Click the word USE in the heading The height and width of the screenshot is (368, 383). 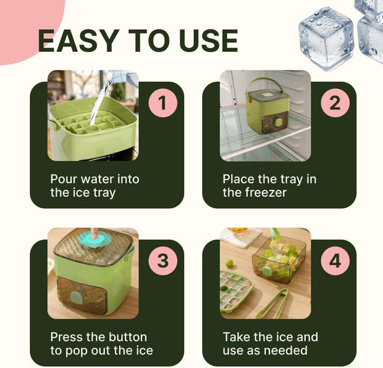(207, 41)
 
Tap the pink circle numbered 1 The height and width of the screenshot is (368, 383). (162, 103)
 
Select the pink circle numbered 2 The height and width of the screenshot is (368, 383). (334, 103)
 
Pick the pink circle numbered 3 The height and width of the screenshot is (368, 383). (162, 261)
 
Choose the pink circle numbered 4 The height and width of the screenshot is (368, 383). (334, 261)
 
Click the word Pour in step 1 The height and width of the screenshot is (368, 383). (64, 179)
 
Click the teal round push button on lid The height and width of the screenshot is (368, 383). (95, 241)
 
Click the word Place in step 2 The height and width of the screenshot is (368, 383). (238, 179)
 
